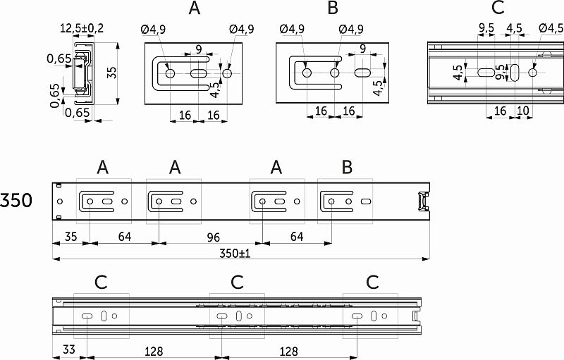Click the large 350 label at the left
click(x=16, y=201)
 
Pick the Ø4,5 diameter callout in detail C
click(x=551, y=29)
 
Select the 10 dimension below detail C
click(x=523, y=111)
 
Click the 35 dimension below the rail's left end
click(x=68, y=237)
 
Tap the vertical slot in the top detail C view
click(x=515, y=73)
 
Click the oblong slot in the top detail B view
click(x=363, y=73)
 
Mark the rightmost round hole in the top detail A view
click(x=226, y=73)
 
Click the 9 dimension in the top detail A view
click(x=200, y=49)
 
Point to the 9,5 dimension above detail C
click(x=486, y=29)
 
